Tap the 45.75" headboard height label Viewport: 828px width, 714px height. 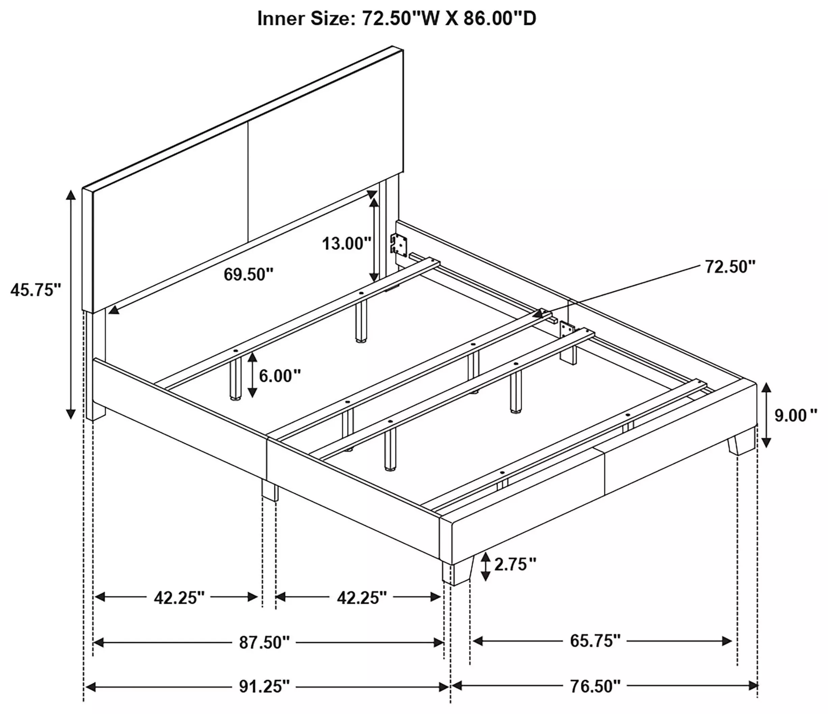(x=36, y=290)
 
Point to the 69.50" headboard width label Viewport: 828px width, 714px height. (x=248, y=275)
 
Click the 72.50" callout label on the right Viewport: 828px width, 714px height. (x=730, y=266)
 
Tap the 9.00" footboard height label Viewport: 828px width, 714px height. (x=796, y=416)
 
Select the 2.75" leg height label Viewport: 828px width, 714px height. (x=515, y=564)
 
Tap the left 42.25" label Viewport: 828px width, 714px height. (x=179, y=598)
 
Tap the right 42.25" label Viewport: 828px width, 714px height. (x=362, y=598)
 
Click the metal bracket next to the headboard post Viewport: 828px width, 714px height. (x=399, y=244)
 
